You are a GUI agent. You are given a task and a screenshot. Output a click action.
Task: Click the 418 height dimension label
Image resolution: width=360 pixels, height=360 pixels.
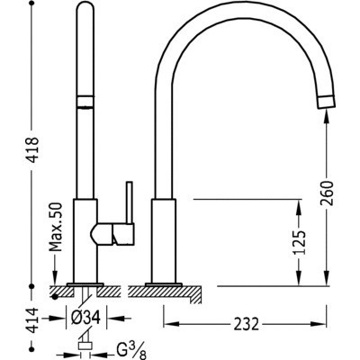(x=32, y=149)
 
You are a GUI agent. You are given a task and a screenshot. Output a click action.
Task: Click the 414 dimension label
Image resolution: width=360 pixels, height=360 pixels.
(x=32, y=320)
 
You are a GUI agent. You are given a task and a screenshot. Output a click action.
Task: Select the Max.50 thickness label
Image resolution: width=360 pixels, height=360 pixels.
(x=56, y=227)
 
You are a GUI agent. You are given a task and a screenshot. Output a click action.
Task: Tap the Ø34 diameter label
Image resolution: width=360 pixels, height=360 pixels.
(x=85, y=317)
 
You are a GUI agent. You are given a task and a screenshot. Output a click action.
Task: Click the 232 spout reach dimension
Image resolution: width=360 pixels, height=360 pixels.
(x=246, y=324)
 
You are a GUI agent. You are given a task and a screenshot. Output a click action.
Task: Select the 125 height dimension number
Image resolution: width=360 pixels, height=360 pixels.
(x=299, y=243)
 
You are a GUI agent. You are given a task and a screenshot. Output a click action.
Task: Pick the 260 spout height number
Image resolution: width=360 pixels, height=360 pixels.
(x=327, y=193)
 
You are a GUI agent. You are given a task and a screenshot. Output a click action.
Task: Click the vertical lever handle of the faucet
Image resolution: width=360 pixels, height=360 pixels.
(x=130, y=202)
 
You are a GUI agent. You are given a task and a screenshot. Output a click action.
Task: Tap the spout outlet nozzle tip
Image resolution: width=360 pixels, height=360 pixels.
(x=326, y=102)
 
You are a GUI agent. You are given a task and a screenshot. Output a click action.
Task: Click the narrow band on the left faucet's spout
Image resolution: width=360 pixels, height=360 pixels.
(x=86, y=101)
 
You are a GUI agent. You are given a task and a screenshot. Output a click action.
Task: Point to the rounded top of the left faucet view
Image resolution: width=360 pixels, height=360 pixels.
(x=86, y=6)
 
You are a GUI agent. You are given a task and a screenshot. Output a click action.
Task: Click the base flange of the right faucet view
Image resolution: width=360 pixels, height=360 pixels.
(x=164, y=284)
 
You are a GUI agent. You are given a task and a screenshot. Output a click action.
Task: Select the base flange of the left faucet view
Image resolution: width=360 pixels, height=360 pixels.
(x=85, y=284)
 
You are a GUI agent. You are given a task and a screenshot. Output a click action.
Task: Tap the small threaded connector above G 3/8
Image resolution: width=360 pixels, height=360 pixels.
(x=85, y=346)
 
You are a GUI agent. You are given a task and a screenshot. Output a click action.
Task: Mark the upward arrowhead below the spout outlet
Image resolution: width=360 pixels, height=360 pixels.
(x=327, y=115)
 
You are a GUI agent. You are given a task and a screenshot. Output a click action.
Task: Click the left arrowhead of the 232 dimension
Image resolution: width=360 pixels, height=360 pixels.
(x=171, y=324)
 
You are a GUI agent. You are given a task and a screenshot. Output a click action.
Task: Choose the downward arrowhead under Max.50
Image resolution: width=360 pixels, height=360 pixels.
(x=56, y=276)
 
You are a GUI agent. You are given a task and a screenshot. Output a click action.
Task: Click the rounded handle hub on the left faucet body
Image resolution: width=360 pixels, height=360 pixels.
(x=102, y=234)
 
